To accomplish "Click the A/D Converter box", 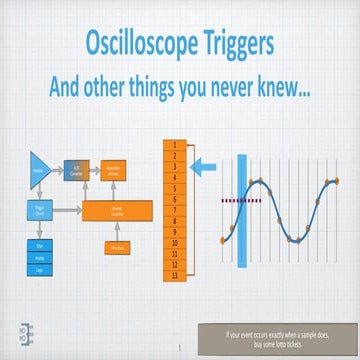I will click(78, 171).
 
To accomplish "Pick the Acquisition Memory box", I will click(115, 171).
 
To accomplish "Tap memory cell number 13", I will click(175, 275).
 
